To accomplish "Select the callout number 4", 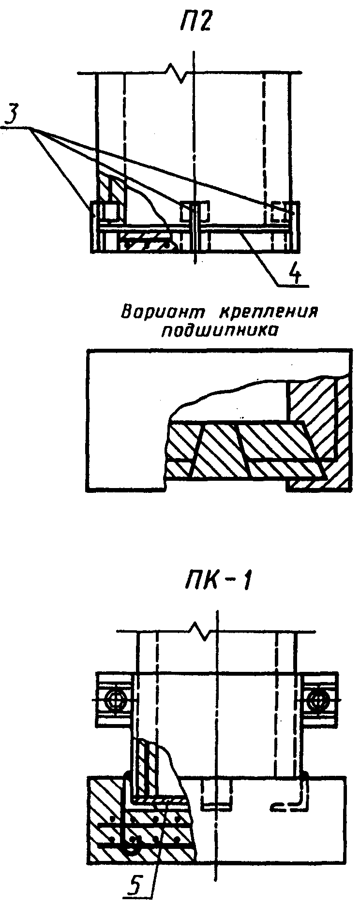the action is pos(294,274).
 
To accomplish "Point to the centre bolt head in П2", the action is pos(195,211).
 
